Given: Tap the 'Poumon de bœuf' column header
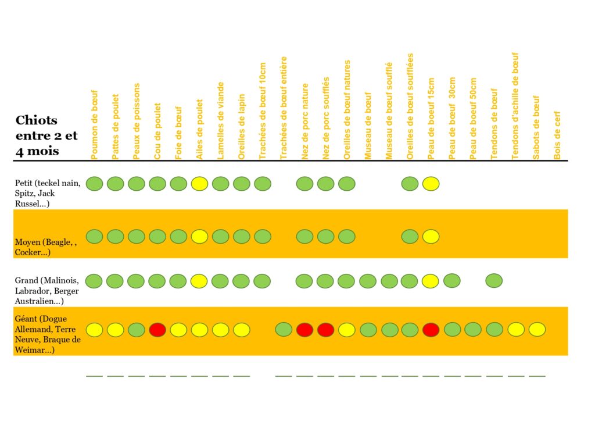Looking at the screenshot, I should [x=95, y=124].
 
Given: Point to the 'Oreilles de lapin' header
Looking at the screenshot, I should [x=242, y=127].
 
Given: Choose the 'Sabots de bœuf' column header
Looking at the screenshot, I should [x=536, y=127].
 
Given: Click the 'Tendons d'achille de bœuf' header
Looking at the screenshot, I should [x=515, y=106].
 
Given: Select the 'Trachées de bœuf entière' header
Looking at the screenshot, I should [x=284, y=108].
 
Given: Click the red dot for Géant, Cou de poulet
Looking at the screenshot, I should [x=157, y=330].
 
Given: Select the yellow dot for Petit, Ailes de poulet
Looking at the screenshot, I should [x=199, y=184].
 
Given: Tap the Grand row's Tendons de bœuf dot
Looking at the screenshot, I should [x=494, y=281].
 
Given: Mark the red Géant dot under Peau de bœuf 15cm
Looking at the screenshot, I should [x=431, y=330].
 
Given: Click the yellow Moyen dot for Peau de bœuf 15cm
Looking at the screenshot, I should [x=431, y=237].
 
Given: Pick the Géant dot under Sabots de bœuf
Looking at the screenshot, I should [x=537, y=329].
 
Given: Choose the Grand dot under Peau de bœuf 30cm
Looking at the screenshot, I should [x=452, y=281].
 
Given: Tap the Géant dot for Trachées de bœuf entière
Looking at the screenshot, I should [x=284, y=330].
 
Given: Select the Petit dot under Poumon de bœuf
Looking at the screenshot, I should [x=95, y=184].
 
